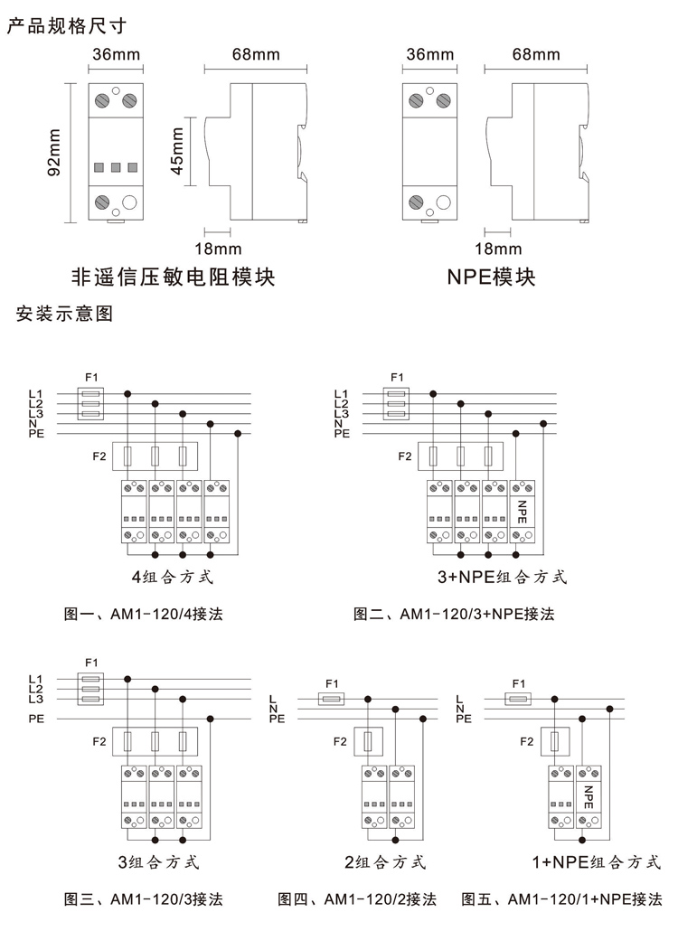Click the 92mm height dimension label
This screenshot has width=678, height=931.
coord(54,153)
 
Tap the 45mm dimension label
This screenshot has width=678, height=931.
coord(177,152)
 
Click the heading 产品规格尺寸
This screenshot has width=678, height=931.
coord(67,25)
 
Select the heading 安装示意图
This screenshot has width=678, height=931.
coord(64,313)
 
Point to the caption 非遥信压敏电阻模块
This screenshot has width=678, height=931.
coord(174,277)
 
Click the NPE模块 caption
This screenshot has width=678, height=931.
coord(491,277)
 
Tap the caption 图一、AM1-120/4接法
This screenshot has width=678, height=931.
coord(143,614)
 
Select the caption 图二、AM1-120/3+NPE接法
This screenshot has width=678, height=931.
coord(454,614)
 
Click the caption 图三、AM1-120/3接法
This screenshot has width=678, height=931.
coord(143,899)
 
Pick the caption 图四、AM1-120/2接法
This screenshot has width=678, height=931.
coord(357,899)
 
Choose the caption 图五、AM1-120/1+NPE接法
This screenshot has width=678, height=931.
coord(561,899)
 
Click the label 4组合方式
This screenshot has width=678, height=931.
coord(172,577)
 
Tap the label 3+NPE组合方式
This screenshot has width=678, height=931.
coord(503,577)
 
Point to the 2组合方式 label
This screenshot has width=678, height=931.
coord(385,861)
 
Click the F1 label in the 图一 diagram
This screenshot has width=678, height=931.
coord(91,377)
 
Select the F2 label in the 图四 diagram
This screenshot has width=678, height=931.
coord(340,741)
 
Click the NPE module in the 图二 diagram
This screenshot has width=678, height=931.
coord(523,512)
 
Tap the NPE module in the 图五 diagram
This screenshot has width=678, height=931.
coord(589,797)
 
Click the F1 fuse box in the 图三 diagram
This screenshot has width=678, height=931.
coord(91,689)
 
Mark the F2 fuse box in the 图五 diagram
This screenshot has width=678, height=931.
coord(555,741)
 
